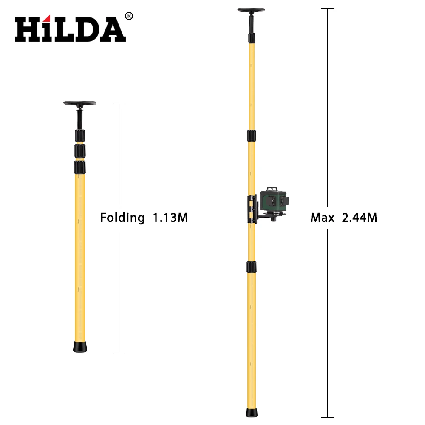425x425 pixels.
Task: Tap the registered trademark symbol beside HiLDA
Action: coord(129,16)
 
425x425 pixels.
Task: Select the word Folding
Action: coord(122,218)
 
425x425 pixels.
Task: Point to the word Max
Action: coord(322,218)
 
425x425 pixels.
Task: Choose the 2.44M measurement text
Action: coord(360,218)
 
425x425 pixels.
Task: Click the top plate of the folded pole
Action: coord(80,103)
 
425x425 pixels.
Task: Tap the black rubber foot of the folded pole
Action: coord(80,346)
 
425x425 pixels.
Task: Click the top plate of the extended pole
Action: coord(252,10)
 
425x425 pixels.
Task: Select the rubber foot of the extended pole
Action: coord(252,413)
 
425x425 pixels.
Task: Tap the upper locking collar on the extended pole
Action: coord(252,136)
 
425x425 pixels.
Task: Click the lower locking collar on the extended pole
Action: coord(252,267)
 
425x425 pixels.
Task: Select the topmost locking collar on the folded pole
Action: coord(80,136)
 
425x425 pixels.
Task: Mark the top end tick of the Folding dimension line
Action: coord(119,102)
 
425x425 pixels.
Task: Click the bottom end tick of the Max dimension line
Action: coord(327,417)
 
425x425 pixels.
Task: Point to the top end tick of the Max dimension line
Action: coord(327,8)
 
